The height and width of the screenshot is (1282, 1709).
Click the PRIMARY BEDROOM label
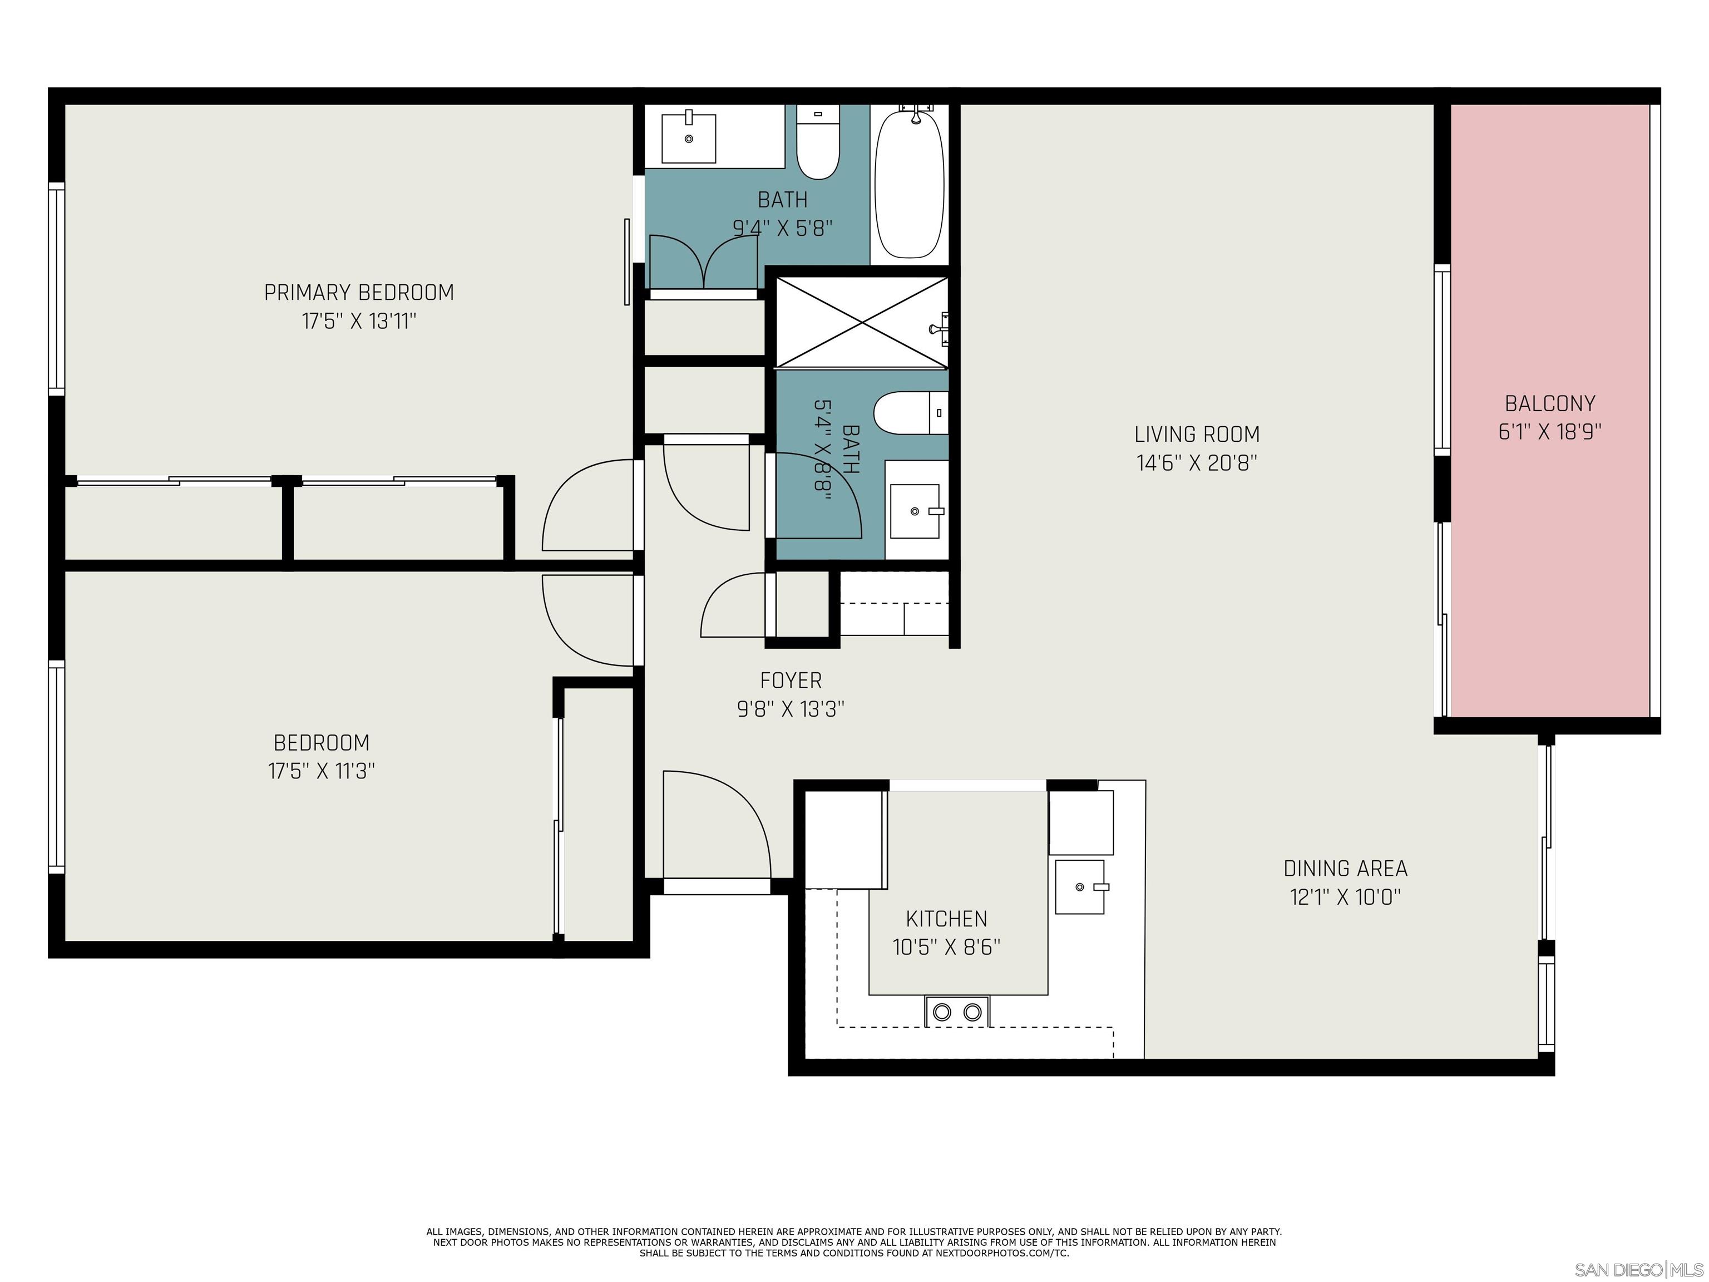coord(359,293)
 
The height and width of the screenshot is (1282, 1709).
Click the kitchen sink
coord(1081,887)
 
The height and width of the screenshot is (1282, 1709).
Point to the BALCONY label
coord(1550,403)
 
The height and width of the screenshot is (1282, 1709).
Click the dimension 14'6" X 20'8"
coord(1197,463)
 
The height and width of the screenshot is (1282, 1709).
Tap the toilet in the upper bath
coord(817,144)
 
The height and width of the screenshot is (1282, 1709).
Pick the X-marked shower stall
coord(861,322)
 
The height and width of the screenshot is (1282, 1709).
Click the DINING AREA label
coord(1345,869)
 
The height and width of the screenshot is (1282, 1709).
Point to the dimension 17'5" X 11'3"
coord(322,771)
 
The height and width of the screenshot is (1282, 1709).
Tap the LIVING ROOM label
coord(1197,434)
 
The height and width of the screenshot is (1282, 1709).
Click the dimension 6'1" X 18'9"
coord(1550,432)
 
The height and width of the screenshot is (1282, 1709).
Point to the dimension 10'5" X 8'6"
coord(946,948)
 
